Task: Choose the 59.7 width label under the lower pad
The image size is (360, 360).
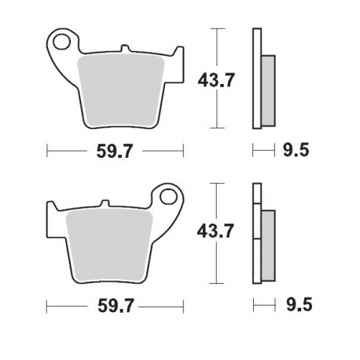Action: coord(114,303)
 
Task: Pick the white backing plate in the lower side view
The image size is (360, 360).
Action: coord(255,233)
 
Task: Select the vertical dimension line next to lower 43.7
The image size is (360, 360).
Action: coord(217,233)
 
